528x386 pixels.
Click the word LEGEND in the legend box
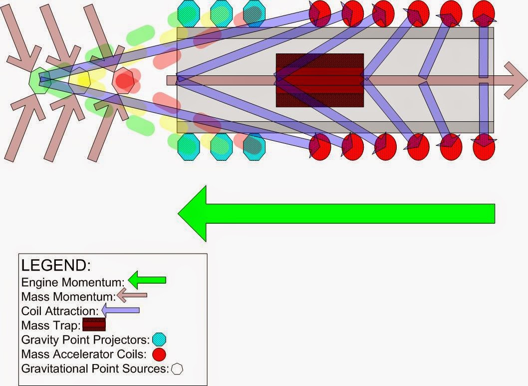[55, 265]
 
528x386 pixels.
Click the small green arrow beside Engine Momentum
[147, 281]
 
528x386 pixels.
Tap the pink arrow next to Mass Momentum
[132, 296]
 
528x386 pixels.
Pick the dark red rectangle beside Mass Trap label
[94, 325]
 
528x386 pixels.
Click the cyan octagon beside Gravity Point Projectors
[159, 340]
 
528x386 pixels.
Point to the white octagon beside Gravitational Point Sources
[177, 369]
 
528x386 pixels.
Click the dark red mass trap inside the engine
[319, 80]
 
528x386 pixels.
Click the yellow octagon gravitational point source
[80, 80]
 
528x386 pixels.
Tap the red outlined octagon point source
[123, 81]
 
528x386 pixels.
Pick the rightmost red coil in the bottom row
[483, 147]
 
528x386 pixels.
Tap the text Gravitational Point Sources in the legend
[95, 370]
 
